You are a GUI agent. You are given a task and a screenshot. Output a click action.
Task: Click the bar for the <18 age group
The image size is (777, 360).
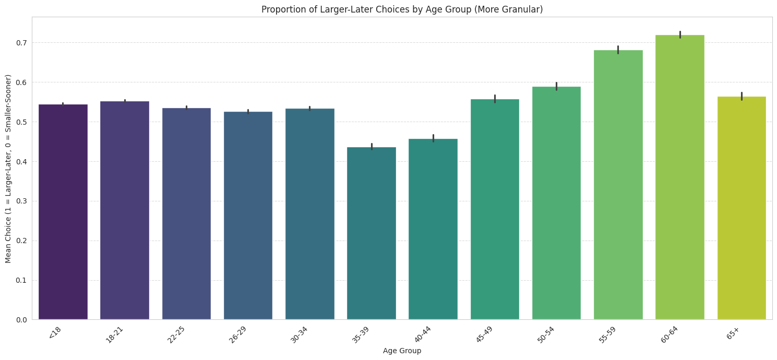coord(63,212)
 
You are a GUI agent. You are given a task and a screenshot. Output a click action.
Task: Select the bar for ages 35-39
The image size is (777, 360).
coord(371,233)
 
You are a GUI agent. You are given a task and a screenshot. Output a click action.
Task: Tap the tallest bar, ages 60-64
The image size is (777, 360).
coord(679,177)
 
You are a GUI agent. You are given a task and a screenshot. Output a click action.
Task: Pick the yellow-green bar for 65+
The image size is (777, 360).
coord(741,208)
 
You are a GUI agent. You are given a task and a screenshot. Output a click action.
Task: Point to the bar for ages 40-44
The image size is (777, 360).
coord(433,229)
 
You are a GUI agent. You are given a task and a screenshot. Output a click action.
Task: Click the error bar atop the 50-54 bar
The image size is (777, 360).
coord(556,86)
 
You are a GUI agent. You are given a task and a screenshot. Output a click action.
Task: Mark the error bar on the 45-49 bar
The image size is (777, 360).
coord(495,99)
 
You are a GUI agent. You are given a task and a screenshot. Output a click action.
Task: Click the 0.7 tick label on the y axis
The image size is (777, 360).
coord(21,43)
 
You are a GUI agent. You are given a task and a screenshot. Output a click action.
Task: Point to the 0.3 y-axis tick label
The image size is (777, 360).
coord(21,201)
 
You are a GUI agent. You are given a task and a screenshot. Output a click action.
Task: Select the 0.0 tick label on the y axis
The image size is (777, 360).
coord(21,320)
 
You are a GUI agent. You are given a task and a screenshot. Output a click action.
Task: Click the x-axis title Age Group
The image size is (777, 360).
coord(402,351)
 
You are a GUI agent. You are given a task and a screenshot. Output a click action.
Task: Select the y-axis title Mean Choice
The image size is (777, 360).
coord(8,169)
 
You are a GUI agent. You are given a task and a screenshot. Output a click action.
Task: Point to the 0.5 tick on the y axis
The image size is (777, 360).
coord(21,122)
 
